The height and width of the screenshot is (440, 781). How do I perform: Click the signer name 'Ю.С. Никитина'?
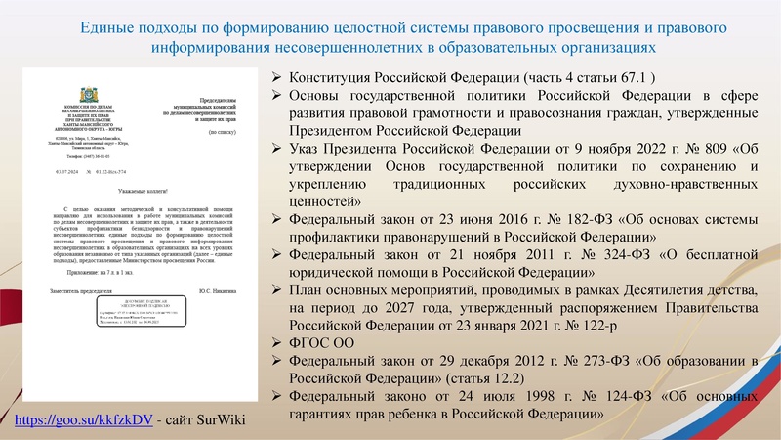point(215,292)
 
